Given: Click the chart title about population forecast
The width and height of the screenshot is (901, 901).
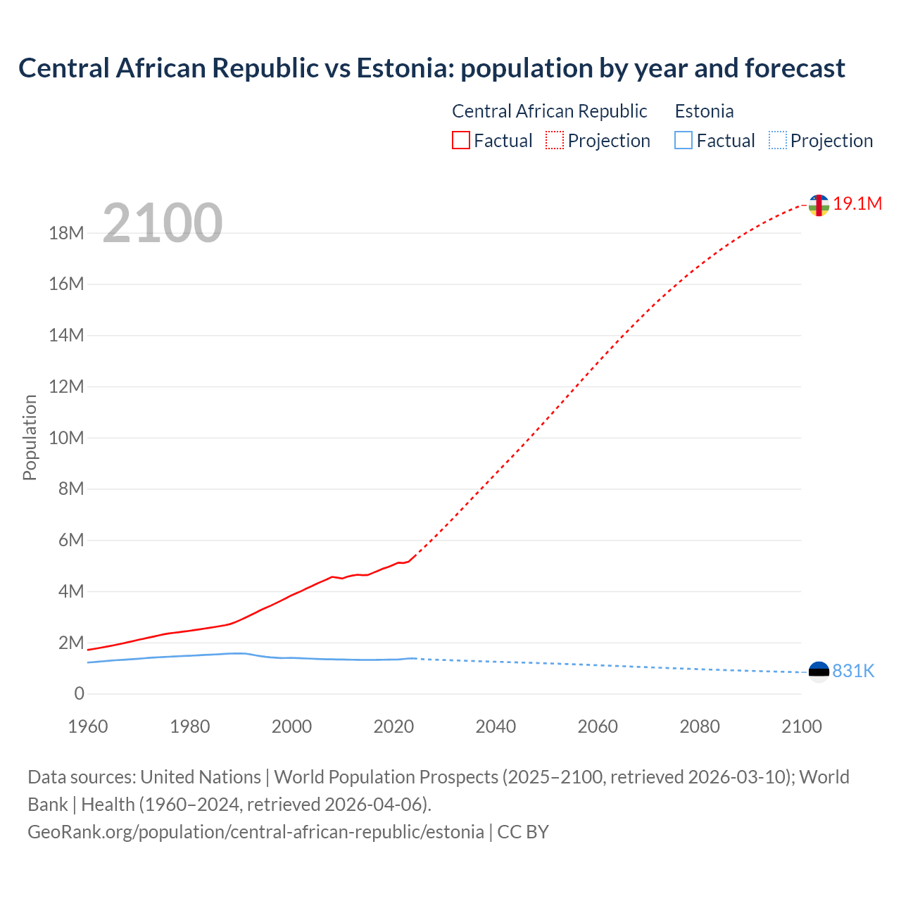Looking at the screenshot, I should (431, 68).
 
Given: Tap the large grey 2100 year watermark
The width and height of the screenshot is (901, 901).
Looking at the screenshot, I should (163, 223).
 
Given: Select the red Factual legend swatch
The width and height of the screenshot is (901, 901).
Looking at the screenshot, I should (460, 140).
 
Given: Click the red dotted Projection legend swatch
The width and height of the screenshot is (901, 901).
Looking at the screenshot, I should (555, 140).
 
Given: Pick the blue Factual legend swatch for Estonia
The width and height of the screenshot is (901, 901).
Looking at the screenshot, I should (683, 140).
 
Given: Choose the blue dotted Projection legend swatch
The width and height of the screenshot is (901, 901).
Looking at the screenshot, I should (778, 140).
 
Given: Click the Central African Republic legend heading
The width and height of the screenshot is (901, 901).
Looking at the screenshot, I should (549, 111).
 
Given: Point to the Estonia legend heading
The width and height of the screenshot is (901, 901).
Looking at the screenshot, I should (704, 111).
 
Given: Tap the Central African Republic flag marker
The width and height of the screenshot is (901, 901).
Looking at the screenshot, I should (819, 205).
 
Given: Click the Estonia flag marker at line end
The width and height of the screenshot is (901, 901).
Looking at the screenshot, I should (819, 672).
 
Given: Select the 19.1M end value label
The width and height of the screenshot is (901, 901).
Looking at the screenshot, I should (857, 203).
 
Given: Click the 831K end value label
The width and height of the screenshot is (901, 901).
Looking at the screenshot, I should (853, 671).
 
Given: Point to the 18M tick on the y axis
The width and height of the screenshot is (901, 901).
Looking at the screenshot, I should (66, 233).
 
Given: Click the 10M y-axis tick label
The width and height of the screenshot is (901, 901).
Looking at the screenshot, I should (66, 438).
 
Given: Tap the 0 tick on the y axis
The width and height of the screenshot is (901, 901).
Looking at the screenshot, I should (79, 693).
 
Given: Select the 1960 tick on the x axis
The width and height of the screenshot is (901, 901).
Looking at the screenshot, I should (88, 726).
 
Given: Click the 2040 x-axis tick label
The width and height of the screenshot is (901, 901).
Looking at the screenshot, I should (496, 726).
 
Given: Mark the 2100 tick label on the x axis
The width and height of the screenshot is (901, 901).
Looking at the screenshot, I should (801, 726).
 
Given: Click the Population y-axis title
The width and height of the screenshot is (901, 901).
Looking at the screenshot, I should (30, 437).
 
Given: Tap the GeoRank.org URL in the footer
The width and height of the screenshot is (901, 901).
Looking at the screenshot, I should (256, 831).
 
